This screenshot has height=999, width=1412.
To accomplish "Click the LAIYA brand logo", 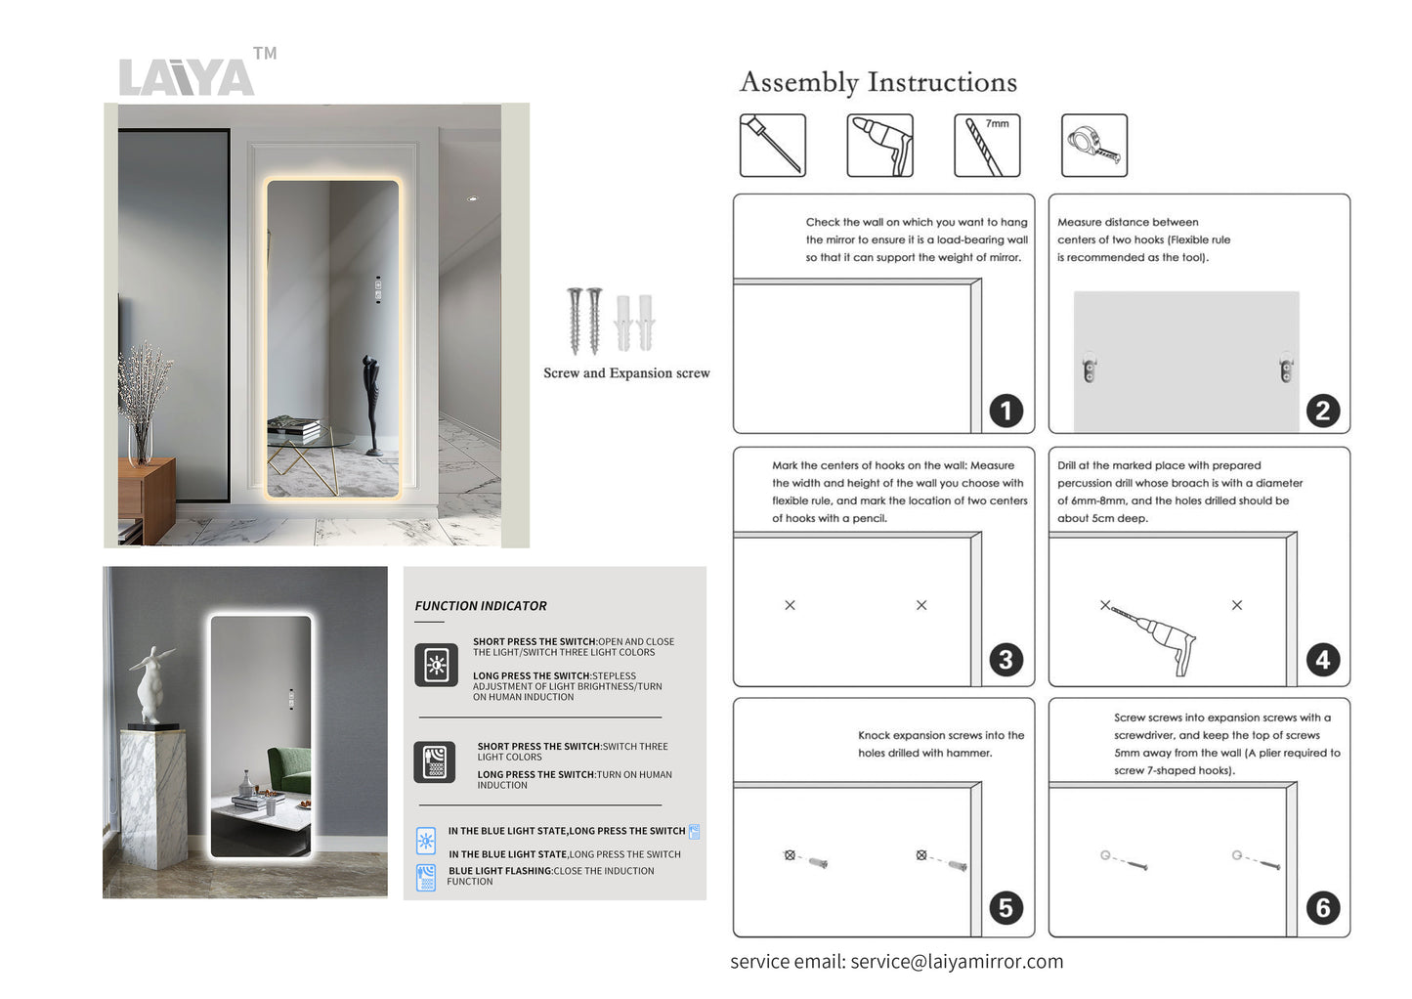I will [x=187, y=76].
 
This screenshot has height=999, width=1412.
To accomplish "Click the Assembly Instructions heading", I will [x=877, y=82].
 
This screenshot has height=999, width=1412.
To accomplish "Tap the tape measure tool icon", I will [x=1093, y=146].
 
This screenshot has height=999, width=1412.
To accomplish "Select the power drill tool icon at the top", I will [x=879, y=146].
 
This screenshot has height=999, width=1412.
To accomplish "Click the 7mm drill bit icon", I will [x=986, y=146].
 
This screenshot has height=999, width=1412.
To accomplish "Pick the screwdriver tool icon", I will [x=772, y=146].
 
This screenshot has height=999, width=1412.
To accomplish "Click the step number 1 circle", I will [x=1006, y=411].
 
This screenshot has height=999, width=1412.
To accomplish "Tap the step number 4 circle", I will [x=1322, y=660].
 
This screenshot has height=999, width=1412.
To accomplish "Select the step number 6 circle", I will [x=1322, y=908].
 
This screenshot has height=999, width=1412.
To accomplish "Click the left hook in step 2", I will [x=1090, y=368].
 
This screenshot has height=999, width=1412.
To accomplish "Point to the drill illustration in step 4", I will [x=1158, y=639].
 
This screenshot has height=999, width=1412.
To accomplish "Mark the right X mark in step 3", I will [x=921, y=605].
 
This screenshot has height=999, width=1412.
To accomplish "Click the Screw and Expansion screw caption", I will [x=626, y=373].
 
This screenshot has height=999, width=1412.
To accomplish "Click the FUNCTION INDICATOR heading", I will [x=481, y=606].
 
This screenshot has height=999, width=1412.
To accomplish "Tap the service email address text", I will [x=957, y=962].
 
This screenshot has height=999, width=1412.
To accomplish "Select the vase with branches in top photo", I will [x=141, y=411].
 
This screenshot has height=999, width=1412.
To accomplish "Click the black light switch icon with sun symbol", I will [x=436, y=666].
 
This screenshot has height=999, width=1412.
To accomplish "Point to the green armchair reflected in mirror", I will [x=287, y=768].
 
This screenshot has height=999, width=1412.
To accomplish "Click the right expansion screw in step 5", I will [x=955, y=864].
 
